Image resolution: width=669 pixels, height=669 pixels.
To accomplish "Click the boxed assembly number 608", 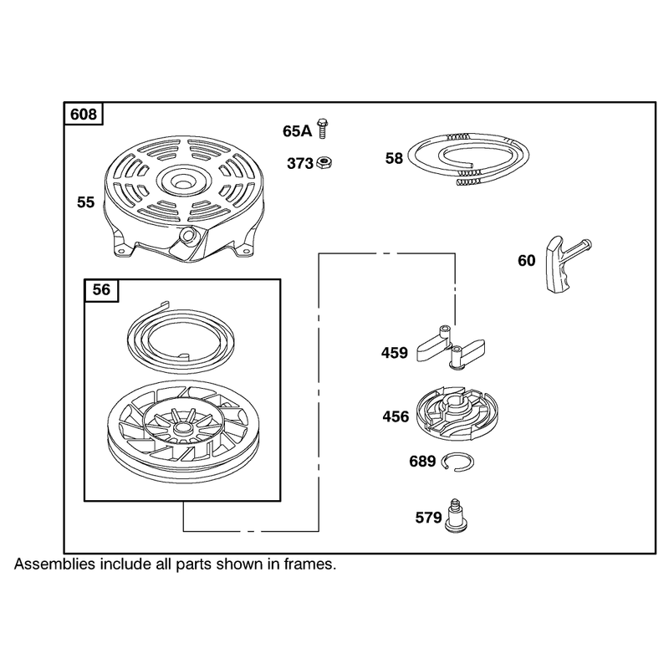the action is [84, 115].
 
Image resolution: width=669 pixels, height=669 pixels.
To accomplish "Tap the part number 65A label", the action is [298, 131].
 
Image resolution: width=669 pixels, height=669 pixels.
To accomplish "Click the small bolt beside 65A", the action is [323, 128].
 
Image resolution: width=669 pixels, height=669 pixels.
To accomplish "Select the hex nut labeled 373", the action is [324, 162].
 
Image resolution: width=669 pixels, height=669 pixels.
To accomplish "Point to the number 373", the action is [300, 163].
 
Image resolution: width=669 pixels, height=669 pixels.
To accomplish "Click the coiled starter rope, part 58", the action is [468, 159].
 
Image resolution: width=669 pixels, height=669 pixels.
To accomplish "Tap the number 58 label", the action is [394, 158].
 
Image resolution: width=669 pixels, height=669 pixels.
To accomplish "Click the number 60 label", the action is [527, 260].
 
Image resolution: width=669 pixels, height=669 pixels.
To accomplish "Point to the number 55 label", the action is [85, 202].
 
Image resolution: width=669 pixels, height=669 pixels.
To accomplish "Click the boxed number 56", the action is [101, 289].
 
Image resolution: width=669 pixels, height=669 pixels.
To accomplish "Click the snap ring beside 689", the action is [457, 462].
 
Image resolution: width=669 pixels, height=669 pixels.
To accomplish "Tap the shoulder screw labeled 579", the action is [456, 516].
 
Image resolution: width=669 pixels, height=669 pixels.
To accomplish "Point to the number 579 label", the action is [428, 518].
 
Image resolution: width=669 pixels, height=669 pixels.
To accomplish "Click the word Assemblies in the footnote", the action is [54, 564].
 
